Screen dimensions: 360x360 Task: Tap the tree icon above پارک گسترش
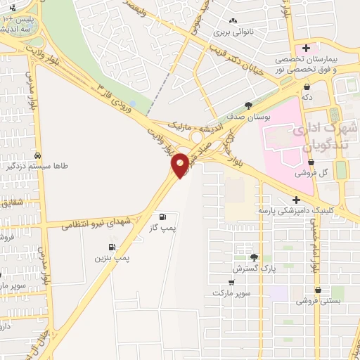point(254,257)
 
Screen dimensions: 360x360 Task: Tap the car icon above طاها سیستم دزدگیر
point(38,155)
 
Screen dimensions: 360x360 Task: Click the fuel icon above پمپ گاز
point(163,217)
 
